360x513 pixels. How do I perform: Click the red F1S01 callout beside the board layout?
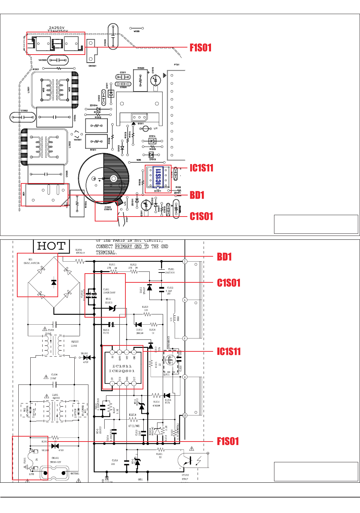point(200,48)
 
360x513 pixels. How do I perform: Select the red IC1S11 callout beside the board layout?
point(201,168)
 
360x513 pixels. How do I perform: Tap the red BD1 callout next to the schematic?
point(224,257)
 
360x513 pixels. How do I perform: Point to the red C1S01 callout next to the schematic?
point(229,283)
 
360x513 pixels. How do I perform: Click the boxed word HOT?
point(51,246)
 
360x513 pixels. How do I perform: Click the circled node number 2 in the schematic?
point(185,261)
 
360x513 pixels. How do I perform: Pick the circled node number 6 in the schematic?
point(185,338)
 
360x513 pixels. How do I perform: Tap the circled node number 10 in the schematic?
point(185,415)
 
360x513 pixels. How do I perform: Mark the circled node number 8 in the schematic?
point(185,377)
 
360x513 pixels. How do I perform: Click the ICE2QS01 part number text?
point(122,371)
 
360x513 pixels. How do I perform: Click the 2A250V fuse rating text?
point(56,27)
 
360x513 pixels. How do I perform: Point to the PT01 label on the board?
point(177,65)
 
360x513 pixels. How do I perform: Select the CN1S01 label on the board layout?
point(92,66)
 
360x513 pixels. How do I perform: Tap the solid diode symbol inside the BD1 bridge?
point(54,282)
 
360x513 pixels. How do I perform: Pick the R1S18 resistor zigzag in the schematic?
point(133,420)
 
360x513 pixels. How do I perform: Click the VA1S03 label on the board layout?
point(43,60)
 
